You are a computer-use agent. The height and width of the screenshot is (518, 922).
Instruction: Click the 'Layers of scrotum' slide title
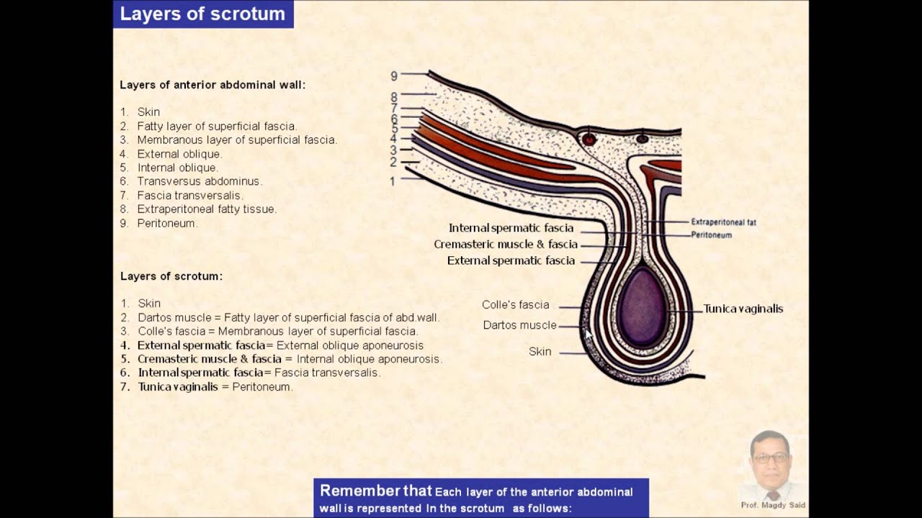tap(202, 14)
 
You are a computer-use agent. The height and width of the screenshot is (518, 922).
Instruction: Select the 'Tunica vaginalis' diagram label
tap(743, 309)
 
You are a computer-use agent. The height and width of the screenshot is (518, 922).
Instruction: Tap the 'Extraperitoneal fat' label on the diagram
tap(723, 222)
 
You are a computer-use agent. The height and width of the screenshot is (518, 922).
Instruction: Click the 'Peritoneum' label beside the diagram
tap(711, 235)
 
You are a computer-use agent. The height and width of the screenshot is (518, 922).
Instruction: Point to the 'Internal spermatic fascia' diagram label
tap(511, 228)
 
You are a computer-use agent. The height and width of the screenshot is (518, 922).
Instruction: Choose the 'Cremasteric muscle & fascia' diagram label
tap(506, 245)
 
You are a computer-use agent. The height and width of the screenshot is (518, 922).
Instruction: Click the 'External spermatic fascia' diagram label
tap(511, 260)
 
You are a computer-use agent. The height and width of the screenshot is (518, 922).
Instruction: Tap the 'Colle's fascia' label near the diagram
tap(515, 305)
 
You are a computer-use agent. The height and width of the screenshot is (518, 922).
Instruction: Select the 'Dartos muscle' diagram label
tap(519, 325)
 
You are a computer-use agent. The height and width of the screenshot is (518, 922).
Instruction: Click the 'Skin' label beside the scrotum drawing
tap(540, 352)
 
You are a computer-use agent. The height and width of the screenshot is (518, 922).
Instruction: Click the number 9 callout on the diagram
tap(394, 76)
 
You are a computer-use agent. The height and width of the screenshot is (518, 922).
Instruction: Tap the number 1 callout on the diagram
tap(393, 181)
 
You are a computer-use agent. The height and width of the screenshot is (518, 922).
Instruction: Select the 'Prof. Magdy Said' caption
tap(773, 505)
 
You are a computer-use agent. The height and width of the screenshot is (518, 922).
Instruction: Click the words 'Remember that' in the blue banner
tap(375, 491)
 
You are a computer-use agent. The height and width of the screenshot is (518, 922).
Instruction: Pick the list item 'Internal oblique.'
tap(177, 168)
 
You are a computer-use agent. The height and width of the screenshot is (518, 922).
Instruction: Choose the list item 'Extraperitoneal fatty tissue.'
tap(207, 209)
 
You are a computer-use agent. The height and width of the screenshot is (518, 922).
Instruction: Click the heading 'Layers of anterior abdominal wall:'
tap(212, 85)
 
